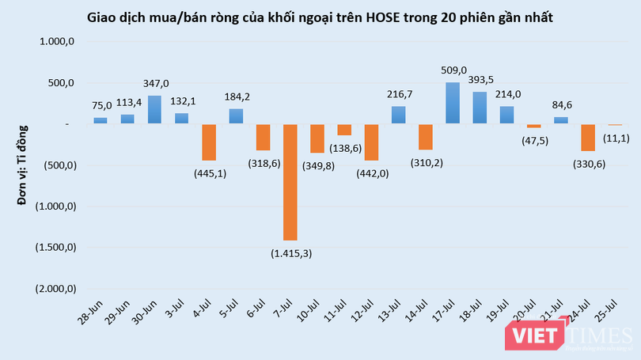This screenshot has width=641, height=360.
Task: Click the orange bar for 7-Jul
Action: coord(290,182)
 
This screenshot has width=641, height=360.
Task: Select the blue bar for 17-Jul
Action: coord(453,103)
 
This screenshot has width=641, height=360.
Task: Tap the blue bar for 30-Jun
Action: coord(154,110)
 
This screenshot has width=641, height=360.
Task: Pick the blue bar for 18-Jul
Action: coord(480,108)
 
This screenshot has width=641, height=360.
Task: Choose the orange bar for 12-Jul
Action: coord(371,142)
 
